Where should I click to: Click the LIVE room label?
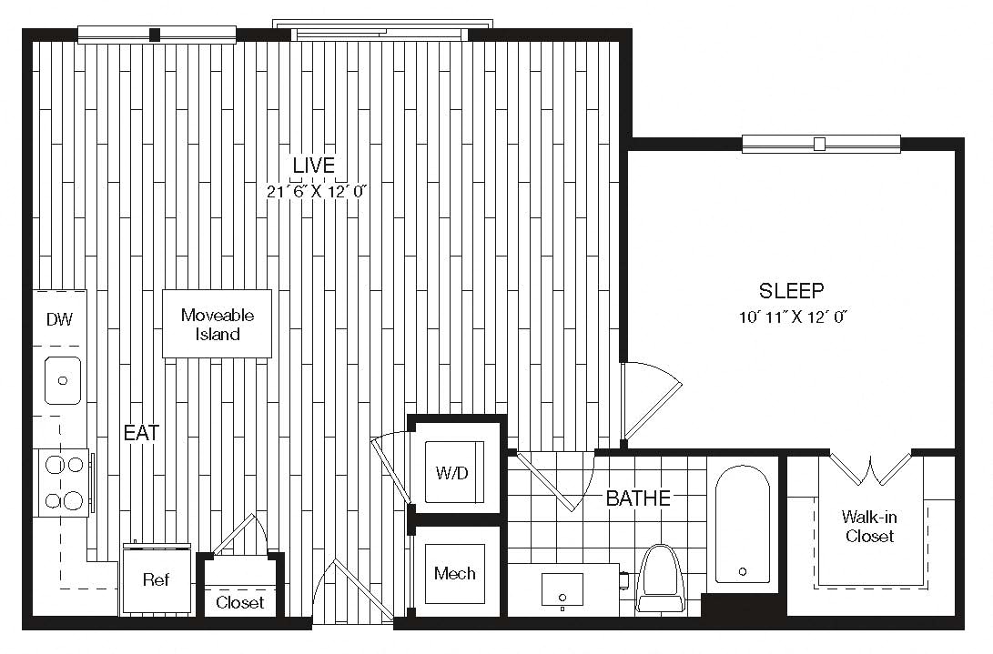[313, 166]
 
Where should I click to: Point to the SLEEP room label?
[792, 290]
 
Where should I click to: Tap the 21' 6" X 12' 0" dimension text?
[317, 191]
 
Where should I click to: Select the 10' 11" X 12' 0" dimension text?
[793, 317]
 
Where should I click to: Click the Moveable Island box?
[218, 324]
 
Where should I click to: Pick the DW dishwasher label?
[59, 319]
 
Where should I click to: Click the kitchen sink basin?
[62, 380]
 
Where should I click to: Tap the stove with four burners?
[61, 482]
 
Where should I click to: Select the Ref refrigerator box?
[157, 579]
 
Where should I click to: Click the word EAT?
[141, 433]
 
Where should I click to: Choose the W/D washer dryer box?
[454, 472]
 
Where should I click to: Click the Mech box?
[455, 574]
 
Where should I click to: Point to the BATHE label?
[638, 498]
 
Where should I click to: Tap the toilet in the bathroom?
[661, 578]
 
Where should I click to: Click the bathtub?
[742, 525]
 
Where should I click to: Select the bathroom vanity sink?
[562, 590]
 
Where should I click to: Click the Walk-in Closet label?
[869, 526]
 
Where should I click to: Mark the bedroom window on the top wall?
[821, 144]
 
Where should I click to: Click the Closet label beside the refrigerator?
[239, 602]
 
